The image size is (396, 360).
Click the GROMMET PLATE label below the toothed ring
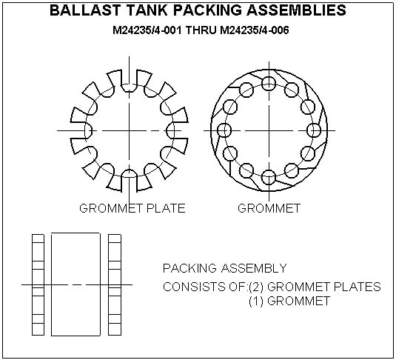132,208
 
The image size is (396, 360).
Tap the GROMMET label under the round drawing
269,208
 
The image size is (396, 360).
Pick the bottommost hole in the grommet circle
269,176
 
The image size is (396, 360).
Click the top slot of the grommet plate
130,83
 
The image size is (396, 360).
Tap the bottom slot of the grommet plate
130,178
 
